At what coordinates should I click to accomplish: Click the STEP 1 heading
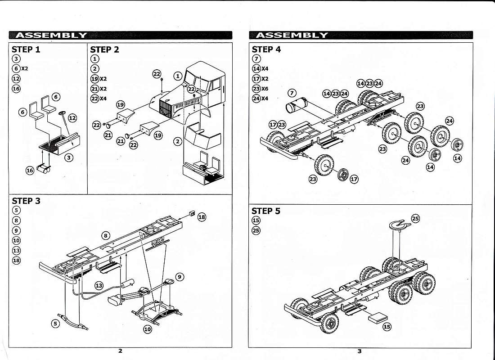pos(26,49)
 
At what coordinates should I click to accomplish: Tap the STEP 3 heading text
pos(26,201)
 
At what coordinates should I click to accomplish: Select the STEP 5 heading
pos(265,211)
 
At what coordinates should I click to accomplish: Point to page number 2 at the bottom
pos(120,351)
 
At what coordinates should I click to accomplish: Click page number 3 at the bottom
pos(359,351)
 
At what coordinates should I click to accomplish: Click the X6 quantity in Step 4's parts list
pos(265,89)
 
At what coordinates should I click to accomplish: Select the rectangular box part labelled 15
pos(377,317)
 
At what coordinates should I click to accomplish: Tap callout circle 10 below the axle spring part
pos(148,329)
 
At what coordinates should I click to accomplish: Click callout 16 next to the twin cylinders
pos(30,171)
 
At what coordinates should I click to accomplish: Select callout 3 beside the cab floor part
pos(68,157)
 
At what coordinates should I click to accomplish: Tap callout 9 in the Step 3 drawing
pos(179,277)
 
